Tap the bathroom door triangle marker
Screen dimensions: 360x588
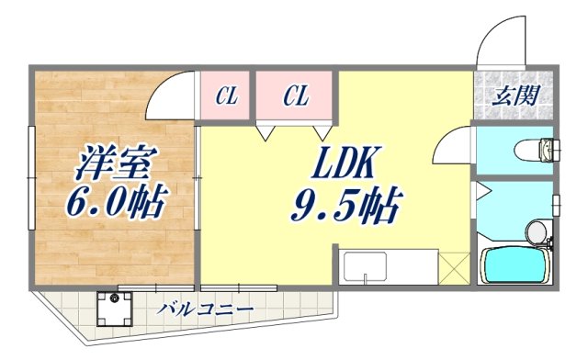click(x=481, y=194)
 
